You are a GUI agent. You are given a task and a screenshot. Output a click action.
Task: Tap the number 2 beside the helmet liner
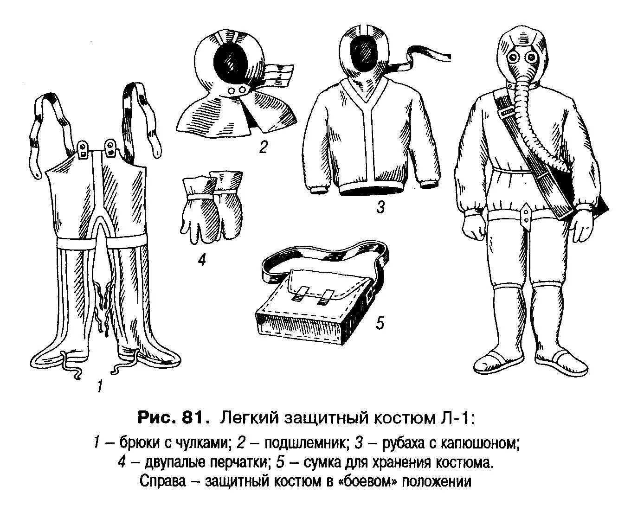(x=263, y=147)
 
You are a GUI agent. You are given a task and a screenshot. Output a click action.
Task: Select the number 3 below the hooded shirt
(x=380, y=207)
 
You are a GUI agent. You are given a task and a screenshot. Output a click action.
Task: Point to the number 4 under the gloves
(x=201, y=260)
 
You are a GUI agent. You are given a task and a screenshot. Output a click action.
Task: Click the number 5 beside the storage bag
(x=380, y=323)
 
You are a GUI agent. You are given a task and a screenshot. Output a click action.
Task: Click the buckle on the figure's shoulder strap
(x=507, y=110)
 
